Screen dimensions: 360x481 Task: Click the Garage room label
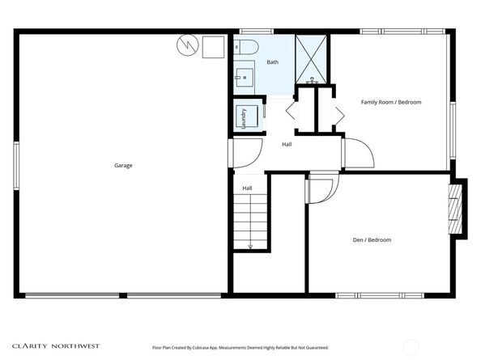coord(123,166)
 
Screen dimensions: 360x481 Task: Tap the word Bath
coord(273,62)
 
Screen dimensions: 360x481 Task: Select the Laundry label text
coord(243,118)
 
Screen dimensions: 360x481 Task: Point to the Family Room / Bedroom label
coord(391,102)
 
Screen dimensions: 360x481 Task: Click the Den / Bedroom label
coord(372,240)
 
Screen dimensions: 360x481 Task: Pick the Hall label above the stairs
coord(247,188)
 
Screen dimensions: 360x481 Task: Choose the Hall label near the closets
coord(287,145)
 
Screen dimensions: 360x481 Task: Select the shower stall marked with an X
coord(311,58)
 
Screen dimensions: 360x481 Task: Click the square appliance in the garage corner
coord(214,47)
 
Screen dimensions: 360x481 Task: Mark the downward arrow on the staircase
coord(250,244)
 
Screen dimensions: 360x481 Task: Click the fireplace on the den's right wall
coord(456,208)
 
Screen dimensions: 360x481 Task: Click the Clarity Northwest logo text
coord(56,345)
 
